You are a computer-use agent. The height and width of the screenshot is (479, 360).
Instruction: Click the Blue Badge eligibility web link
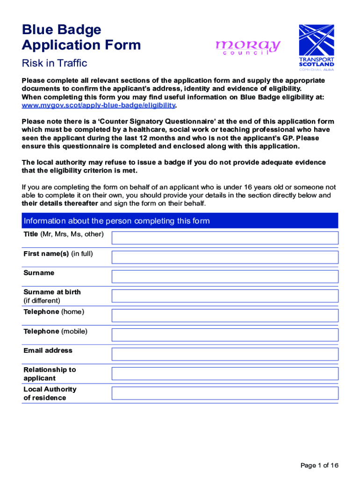pyautogui.click(x=98, y=106)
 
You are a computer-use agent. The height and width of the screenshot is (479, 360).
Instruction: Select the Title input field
pyautogui.click(x=224, y=238)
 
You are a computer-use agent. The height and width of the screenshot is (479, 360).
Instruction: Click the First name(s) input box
pyautogui.click(x=224, y=257)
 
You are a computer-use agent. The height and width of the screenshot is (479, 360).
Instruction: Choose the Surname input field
pyautogui.click(x=224, y=276)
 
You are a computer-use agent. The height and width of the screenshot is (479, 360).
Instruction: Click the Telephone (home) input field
pyautogui.click(x=224, y=315)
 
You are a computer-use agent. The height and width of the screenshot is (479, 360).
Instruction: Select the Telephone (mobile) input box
pyautogui.click(x=224, y=335)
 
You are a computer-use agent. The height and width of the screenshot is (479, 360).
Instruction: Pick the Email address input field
pyautogui.click(x=224, y=354)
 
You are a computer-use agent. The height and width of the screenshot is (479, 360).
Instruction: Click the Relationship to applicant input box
pyautogui.click(x=224, y=373)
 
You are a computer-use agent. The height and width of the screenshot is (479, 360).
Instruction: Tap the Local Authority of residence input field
pyautogui.click(x=224, y=393)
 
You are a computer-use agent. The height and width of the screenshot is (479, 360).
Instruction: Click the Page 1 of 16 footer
pyautogui.click(x=319, y=465)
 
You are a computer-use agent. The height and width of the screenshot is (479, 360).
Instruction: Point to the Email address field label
pyautogui.click(x=48, y=350)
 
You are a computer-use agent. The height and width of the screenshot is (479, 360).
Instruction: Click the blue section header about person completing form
pyautogui.click(x=180, y=221)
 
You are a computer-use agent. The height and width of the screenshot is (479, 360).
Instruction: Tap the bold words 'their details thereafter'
pyautogui.click(x=60, y=203)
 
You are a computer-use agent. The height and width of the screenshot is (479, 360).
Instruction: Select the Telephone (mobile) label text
pyautogui.click(x=55, y=331)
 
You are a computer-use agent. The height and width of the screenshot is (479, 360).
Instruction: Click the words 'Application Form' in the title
pyautogui.click(x=81, y=45)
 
